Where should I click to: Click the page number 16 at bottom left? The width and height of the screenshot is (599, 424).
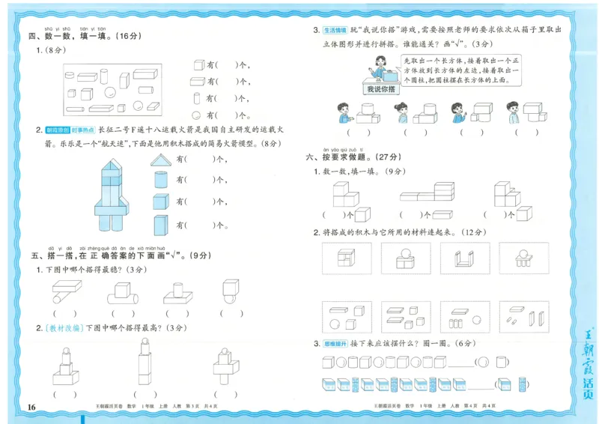tap(31, 407)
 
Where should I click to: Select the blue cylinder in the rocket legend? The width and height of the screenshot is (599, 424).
tap(160, 181)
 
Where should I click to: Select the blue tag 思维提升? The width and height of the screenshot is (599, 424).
tap(334, 344)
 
